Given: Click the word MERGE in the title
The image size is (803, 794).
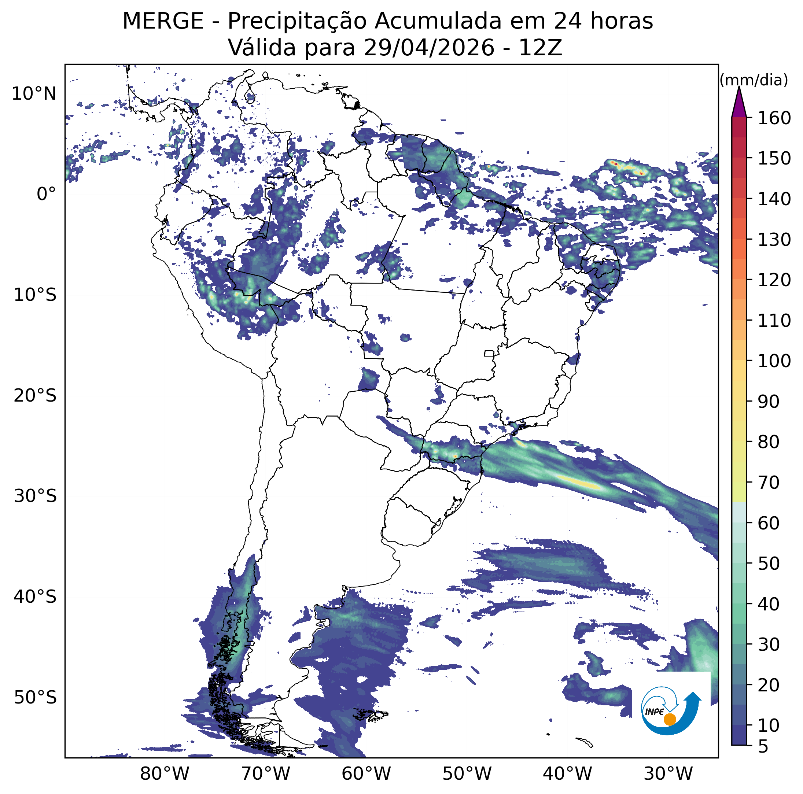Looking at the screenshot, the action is [x=163, y=21].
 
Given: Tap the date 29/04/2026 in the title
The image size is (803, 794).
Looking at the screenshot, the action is [x=428, y=48].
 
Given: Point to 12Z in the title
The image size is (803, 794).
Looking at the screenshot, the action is [x=540, y=48].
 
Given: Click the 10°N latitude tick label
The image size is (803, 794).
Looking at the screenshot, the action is [x=34, y=94].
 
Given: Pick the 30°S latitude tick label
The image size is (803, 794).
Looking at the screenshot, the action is [x=35, y=496].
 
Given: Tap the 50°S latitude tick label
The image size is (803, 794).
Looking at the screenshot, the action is [x=35, y=698].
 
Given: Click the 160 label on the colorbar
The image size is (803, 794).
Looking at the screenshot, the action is [x=774, y=118].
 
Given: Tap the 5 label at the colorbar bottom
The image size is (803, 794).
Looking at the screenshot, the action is [x=763, y=747].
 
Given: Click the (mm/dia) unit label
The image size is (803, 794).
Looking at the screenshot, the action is [x=754, y=80].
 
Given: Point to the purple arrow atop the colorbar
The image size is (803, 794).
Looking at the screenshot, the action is [x=739, y=102].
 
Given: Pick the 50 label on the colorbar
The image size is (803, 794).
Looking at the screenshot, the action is [x=769, y=564].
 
